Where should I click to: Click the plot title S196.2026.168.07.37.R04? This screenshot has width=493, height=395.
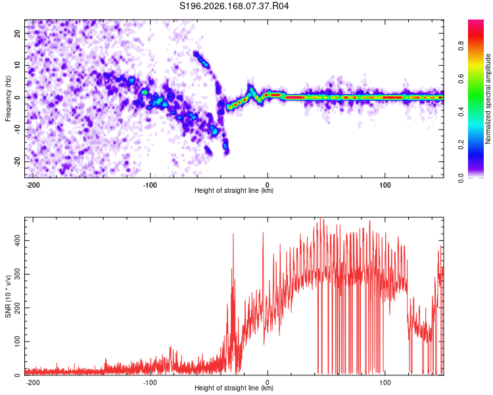pyautogui.click(x=234, y=6)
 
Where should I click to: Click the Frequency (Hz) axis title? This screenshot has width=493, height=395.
pyautogui.click(x=8, y=99)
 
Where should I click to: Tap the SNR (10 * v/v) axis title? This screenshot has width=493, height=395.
pyautogui.click(x=8, y=296)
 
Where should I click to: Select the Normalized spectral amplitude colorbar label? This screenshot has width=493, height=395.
pyautogui.click(x=488, y=99)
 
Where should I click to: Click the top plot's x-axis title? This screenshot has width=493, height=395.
pyautogui.click(x=234, y=190)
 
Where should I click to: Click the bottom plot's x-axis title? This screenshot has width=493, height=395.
pyautogui.click(x=234, y=388)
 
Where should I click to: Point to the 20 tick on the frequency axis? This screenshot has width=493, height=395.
pyautogui.click(x=18, y=34)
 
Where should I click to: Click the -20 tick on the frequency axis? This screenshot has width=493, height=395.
pyautogui.click(x=18, y=161)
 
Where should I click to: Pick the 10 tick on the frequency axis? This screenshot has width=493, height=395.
pyautogui.click(x=18, y=66)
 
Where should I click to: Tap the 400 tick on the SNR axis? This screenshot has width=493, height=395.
pyautogui.click(x=18, y=241)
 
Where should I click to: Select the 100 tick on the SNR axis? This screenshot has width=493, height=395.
pyautogui.click(x=18, y=342)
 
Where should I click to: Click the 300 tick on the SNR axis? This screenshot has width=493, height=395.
pyautogui.click(x=18, y=274)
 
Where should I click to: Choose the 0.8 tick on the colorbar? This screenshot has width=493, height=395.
pyautogui.click(x=461, y=45)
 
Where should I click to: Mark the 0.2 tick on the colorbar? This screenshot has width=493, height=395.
pyautogui.click(x=461, y=144)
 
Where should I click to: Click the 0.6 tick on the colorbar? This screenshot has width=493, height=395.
pyautogui.click(x=461, y=78)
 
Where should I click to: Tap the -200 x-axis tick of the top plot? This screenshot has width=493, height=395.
pyautogui.click(x=32, y=185)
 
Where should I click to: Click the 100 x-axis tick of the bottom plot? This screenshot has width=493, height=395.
pyautogui.click(x=385, y=382)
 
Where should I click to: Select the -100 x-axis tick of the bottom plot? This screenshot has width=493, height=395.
pyautogui.click(x=150, y=382)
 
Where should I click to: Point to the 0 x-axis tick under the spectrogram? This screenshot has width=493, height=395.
pyautogui.click(x=268, y=185)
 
